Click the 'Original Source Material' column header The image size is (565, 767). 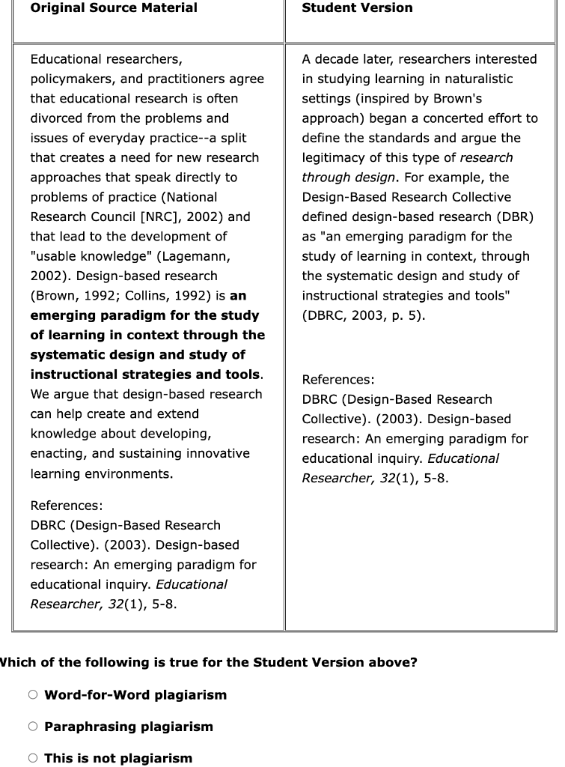pyautogui.click(x=114, y=8)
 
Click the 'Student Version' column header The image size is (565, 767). pyautogui.click(x=357, y=8)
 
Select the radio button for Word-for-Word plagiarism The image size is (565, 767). pyautogui.click(x=33, y=694)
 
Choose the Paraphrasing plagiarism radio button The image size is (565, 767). pyautogui.click(x=33, y=726)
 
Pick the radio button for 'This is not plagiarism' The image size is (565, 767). pyautogui.click(x=33, y=757)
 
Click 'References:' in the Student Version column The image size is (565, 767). pyautogui.click(x=338, y=380)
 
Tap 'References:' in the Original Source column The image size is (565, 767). pyautogui.click(x=67, y=506)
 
